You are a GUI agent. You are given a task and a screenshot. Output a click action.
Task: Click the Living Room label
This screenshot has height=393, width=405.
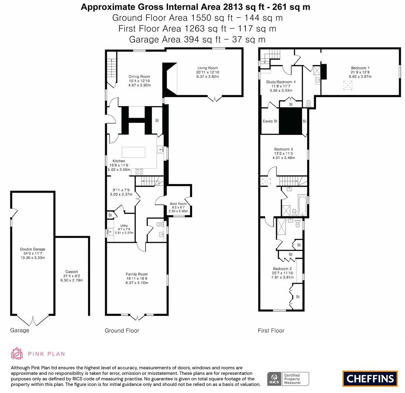tap(207, 68)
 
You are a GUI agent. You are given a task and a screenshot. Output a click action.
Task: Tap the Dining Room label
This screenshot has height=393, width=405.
tap(139, 77)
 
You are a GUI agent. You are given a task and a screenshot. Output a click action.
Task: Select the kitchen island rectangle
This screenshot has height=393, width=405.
tap(133, 152)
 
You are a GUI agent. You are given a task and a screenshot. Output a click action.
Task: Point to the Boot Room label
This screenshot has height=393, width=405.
tap(178, 204)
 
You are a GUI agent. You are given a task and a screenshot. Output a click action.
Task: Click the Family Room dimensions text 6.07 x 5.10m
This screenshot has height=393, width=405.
tap(137, 283)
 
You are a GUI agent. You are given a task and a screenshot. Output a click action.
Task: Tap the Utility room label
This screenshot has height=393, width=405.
tap(124, 226)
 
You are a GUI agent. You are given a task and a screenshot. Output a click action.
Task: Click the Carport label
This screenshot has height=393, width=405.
tap(72, 272)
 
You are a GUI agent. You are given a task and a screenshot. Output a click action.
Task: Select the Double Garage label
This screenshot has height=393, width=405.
tap(33, 249)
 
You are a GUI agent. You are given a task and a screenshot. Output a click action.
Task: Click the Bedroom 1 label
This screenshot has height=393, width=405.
tap(360, 68)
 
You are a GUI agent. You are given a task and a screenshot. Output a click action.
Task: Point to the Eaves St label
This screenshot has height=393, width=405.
tap(270, 121)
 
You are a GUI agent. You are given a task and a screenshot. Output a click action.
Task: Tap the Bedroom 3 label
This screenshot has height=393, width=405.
tap(283, 149)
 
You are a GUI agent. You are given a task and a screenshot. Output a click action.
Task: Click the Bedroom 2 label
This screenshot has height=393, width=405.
tap(282, 269)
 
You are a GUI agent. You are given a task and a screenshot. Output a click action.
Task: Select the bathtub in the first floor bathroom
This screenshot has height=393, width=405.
tap(303, 206)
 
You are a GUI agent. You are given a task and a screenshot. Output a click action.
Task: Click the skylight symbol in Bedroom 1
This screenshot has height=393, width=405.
tap(347, 86)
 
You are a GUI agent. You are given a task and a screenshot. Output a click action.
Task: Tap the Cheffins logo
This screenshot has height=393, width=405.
tap(370, 379)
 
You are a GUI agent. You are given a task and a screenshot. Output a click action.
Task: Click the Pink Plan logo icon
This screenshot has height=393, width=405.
tap(17, 354)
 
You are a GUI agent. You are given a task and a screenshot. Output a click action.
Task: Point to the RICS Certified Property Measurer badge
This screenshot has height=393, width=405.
tap(288, 379)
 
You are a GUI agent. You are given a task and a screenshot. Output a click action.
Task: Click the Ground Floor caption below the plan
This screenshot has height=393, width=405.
tap(122, 330)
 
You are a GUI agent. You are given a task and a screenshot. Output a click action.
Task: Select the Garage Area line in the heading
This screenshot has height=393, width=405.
tap(197, 39)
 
